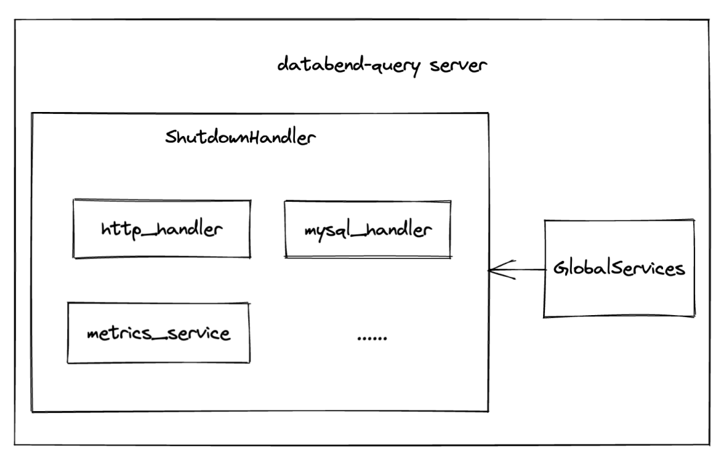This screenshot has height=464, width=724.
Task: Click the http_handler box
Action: pos(162,229)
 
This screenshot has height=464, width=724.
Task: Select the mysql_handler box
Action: pos(367,229)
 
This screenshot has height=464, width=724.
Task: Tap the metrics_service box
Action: pos(159,333)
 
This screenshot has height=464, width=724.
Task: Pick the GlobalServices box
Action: pos(619,268)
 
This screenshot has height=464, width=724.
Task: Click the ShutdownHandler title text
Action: pos(240,139)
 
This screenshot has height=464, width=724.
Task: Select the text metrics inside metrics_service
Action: pos(113,333)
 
